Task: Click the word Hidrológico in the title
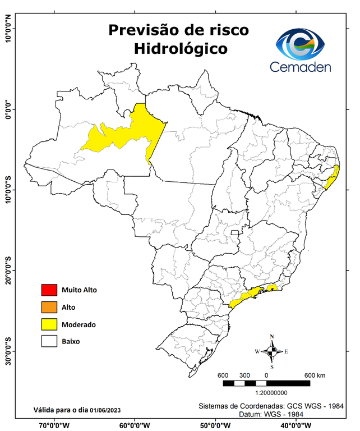coord(181,49)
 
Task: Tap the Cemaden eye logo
coord(303,44)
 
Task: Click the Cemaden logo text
coord(301,67)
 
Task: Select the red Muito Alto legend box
coord(49,290)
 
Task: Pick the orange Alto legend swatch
coord(49,307)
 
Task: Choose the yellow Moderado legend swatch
coord(49,324)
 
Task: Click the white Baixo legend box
coord(49,341)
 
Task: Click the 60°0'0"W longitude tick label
coord(135,425)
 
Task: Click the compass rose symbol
coord(271,351)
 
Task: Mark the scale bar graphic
coord(266,383)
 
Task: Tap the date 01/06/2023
coord(107,409)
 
